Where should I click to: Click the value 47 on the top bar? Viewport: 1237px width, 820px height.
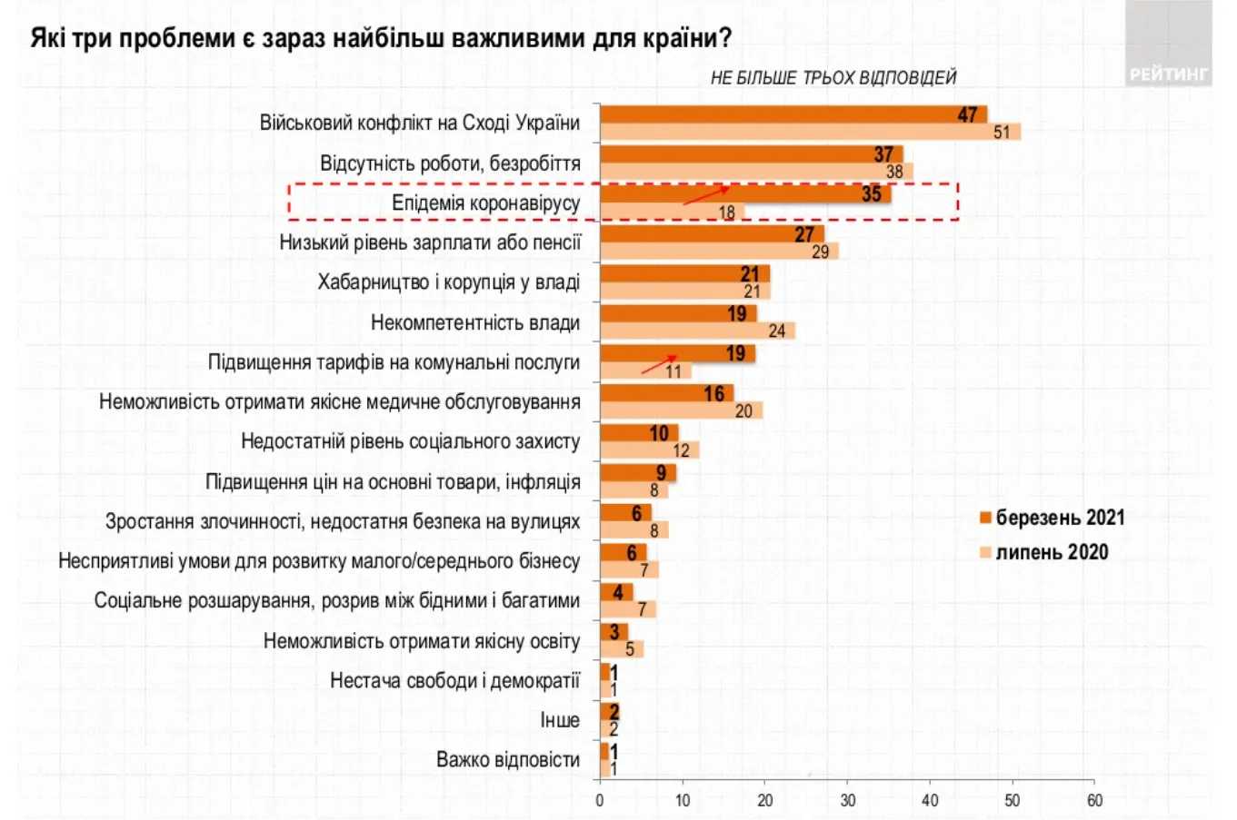point(967,114)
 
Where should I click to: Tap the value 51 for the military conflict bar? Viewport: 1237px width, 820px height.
point(1002,133)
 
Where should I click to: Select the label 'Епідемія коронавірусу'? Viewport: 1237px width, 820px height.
point(485,203)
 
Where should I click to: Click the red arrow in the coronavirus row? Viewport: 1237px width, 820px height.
point(706,195)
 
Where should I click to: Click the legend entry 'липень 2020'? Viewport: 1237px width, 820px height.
point(1051,552)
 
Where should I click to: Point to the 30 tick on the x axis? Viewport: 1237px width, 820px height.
point(847,800)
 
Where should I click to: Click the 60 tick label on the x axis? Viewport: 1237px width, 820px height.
point(1094,800)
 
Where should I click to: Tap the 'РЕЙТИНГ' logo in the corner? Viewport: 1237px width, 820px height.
point(1168,74)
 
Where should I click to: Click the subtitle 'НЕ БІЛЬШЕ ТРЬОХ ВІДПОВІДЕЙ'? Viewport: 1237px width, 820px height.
point(833,78)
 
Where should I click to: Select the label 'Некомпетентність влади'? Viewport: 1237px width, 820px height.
point(474,322)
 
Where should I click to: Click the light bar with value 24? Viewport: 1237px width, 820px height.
point(697,331)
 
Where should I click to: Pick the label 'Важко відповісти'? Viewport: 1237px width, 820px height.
point(507,760)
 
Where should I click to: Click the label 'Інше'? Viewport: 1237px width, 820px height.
point(559,720)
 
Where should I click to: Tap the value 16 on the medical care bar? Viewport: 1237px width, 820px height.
point(714,393)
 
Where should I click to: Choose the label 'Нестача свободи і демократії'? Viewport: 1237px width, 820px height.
point(454,680)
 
